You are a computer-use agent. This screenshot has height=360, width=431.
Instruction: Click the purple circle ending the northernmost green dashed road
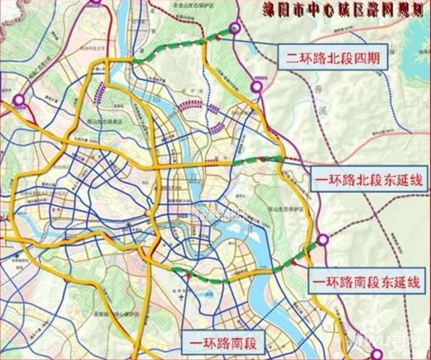235,29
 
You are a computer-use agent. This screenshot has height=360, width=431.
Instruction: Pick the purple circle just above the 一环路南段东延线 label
324,240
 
